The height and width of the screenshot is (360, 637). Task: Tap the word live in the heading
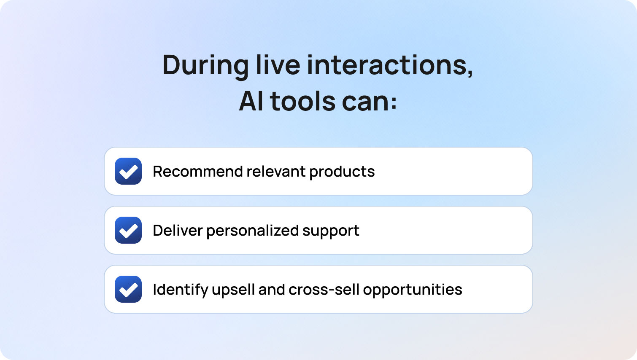click(x=278, y=65)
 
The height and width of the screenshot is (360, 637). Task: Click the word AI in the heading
click(x=251, y=101)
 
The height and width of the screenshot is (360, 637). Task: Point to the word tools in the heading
click(x=302, y=101)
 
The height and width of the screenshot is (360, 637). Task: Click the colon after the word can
click(x=394, y=103)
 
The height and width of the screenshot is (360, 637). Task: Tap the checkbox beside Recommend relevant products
click(x=128, y=171)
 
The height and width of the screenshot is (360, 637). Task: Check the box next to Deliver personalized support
click(x=128, y=230)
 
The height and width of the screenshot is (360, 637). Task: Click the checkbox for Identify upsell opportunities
click(x=128, y=289)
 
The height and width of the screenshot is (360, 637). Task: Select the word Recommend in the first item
click(x=198, y=171)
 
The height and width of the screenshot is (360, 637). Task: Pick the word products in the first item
click(x=342, y=172)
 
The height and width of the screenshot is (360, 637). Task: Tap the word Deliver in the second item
click(x=178, y=231)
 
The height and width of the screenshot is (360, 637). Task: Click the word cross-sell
click(x=324, y=290)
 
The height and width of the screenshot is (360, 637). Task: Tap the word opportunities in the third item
click(x=413, y=290)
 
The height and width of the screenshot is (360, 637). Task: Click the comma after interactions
click(x=470, y=73)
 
